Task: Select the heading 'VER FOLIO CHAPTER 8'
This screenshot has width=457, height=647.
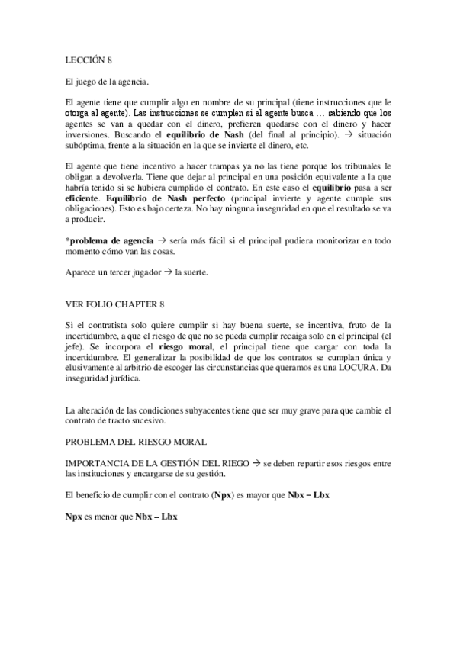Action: (114, 304)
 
